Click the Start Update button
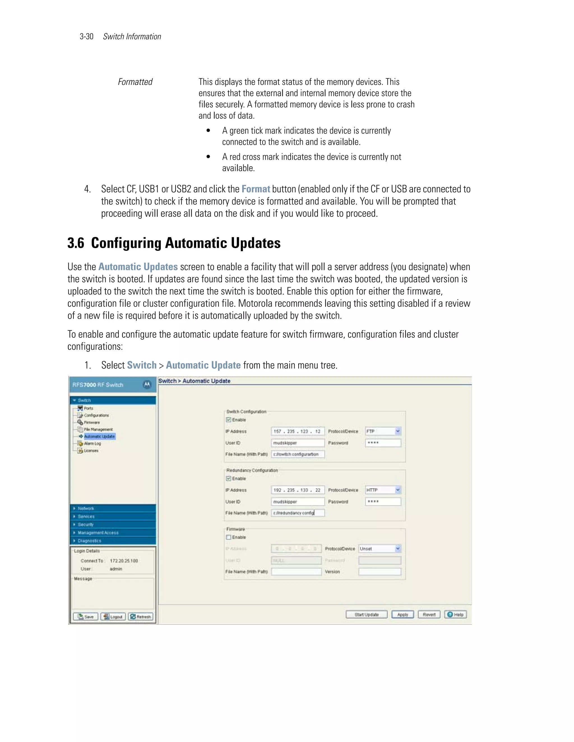pos(366,615)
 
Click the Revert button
pos(429,615)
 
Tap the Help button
pos(455,615)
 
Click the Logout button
pos(113,617)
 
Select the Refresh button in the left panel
pos(141,617)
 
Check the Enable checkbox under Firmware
pos(229,537)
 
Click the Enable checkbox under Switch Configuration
pos(229,420)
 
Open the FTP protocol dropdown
pos(397,431)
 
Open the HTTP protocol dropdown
pos(397,490)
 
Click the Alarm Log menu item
pos(92,443)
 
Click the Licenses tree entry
pos(91,451)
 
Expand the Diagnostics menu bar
pos(89,540)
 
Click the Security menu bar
pos(85,524)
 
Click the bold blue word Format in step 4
pos(256,189)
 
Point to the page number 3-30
pos(86,37)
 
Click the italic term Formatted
pos(135,82)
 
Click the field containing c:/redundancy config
pos(298,513)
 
